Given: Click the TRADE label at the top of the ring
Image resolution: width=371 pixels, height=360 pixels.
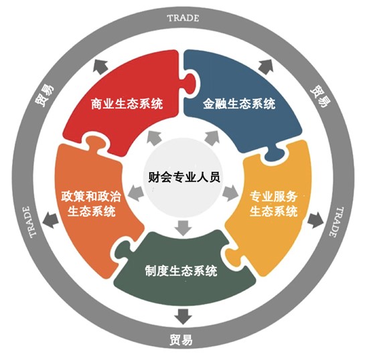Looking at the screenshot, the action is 183,18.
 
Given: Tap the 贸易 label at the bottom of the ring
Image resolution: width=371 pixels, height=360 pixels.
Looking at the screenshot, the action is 181,340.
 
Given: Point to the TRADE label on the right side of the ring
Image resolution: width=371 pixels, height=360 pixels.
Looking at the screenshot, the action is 336,221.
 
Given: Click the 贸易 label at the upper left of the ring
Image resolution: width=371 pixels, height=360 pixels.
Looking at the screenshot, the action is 44,95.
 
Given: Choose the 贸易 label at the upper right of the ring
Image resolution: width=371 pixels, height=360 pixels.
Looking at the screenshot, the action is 320,96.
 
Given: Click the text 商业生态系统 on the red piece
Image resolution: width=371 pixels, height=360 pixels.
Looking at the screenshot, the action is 127,104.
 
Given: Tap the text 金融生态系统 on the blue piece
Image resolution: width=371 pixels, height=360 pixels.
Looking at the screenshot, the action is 239,104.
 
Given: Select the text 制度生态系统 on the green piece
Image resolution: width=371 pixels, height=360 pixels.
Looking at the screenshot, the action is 181,271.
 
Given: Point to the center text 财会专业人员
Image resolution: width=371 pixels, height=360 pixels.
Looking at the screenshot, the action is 184,177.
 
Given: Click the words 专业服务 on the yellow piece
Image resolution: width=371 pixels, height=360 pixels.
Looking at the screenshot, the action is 273,197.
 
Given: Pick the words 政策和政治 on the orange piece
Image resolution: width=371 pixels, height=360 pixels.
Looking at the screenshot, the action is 91,196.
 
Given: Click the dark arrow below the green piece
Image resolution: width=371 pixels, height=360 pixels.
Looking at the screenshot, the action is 183,317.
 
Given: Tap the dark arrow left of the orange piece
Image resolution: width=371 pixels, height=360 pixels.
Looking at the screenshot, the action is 50,220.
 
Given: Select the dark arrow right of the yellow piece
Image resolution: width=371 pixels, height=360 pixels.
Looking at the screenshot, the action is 315,220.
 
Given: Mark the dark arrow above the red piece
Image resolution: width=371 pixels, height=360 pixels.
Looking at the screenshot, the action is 100,67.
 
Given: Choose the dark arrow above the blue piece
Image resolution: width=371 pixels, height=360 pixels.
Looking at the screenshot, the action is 266,67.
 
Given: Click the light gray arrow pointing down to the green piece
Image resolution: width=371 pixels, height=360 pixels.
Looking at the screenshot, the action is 183,228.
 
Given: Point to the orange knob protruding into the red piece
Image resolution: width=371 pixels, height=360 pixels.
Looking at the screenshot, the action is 94,143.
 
